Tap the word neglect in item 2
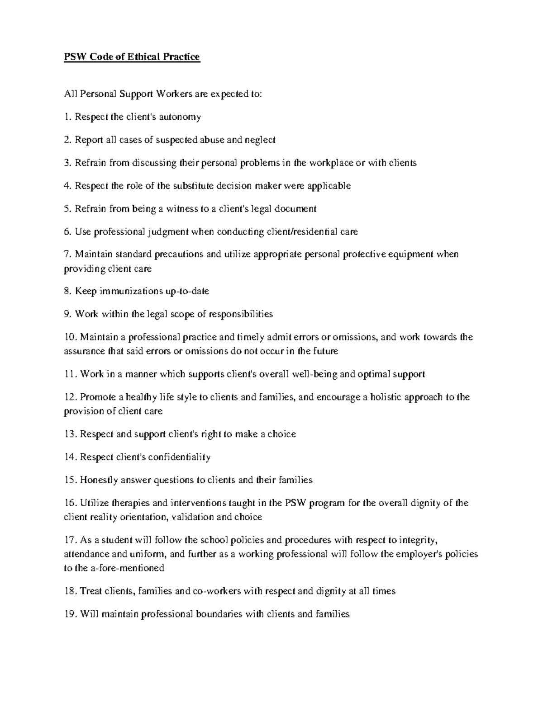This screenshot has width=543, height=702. tap(260, 140)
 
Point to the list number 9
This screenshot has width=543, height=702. tap(68, 314)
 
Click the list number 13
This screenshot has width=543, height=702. tap(71, 434)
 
